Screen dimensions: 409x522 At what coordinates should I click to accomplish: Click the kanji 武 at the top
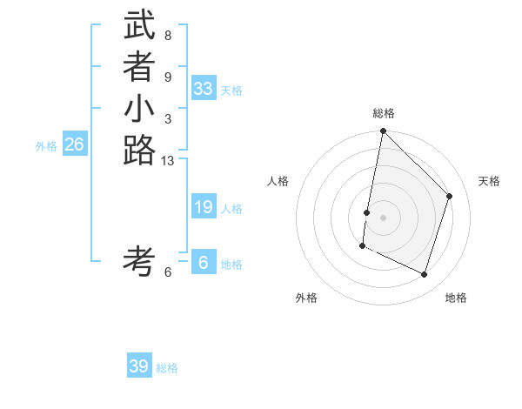tap(139, 26)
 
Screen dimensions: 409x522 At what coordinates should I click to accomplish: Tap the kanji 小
tap(139, 111)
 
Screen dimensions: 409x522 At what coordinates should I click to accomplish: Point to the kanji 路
tap(139, 151)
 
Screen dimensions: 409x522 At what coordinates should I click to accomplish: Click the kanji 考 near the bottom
tap(139, 260)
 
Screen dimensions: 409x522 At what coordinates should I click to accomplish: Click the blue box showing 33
tap(204, 89)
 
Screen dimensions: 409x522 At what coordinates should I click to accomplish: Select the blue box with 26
tap(75, 144)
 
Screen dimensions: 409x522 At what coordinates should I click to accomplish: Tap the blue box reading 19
tap(204, 207)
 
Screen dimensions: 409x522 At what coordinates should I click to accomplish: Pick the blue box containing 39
tap(139, 366)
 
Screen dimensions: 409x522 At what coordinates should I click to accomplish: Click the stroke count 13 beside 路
tap(168, 160)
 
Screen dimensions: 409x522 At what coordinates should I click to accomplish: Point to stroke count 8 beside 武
tap(168, 36)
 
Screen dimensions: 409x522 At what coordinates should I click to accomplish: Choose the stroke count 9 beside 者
tap(168, 77)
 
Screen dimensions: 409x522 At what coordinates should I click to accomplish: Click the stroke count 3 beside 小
tap(168, 119)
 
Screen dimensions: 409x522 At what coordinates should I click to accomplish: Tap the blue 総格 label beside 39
tap(167, 368)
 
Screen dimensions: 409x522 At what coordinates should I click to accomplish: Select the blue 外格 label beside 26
tap(46, 146)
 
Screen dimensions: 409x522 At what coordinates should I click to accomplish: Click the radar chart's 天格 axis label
tap(489, 181)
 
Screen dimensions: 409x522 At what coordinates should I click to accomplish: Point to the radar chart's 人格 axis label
tap(278, 181)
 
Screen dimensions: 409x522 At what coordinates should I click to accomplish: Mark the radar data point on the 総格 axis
tap(383, 131)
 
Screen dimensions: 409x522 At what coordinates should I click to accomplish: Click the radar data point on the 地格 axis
tap(424, 275)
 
